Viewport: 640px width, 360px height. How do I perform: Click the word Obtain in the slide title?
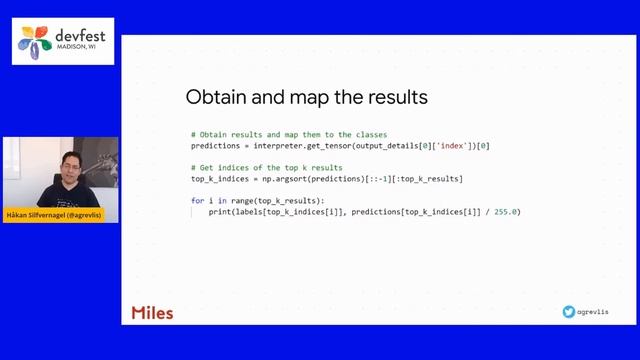pos(215,98)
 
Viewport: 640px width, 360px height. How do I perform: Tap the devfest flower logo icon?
pos(36,41)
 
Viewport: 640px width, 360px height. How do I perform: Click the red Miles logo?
pos(152,313)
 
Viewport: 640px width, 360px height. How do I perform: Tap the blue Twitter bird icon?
pos(569,312)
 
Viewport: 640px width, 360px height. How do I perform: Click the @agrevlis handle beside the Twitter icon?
pos(593,312)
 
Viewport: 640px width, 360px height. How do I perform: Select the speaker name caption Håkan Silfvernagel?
pos(60,214)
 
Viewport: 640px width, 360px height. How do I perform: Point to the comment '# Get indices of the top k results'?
pos(266,167)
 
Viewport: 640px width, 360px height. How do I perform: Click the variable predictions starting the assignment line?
pos(216,146)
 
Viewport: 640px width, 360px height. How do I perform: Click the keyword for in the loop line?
pos(197,201)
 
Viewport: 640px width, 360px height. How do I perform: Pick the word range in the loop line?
pos(231,201)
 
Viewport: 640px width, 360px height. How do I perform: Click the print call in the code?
pos(219,212)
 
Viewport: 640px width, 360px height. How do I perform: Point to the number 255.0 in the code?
pos(507,212)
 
